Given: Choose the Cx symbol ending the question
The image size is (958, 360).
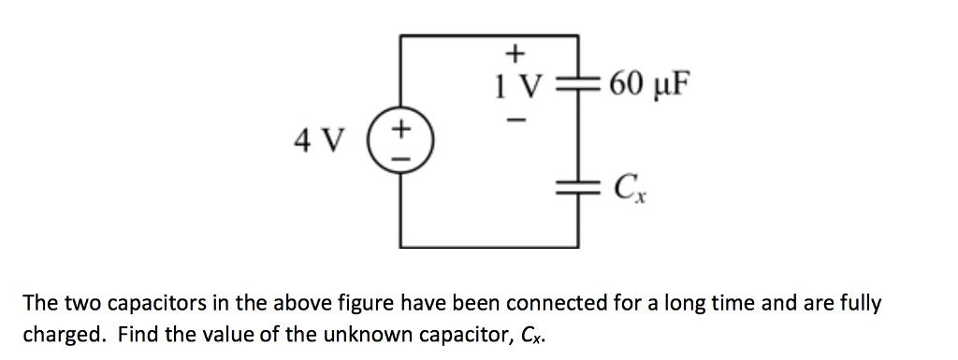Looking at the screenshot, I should tap(528, 336).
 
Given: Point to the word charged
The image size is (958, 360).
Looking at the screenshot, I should tap(63, 335).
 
